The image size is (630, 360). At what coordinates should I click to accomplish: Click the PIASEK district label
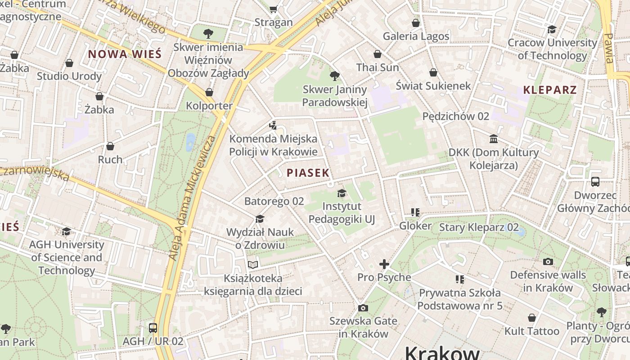308,173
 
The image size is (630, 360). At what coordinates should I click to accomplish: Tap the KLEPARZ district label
549,90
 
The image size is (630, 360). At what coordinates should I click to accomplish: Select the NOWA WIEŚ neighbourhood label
124,54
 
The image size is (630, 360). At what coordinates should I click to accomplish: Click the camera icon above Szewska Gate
363,308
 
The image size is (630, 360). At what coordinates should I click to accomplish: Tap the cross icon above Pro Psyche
384,264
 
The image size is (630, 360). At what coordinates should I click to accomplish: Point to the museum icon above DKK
494,139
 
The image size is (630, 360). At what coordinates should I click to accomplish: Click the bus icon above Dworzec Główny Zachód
595,182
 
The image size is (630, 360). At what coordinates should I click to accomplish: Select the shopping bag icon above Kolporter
209,93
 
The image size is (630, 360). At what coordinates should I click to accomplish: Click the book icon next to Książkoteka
253,265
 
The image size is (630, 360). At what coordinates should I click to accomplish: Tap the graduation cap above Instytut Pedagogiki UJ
342,193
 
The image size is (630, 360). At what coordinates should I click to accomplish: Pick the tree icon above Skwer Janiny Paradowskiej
334,76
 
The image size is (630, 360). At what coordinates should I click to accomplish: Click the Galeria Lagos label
416,36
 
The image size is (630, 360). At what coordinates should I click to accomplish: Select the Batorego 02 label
274,201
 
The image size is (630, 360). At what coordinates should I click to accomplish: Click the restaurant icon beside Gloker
415,212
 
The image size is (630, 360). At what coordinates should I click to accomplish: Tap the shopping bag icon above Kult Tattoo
532,318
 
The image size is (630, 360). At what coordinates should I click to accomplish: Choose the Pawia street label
609,48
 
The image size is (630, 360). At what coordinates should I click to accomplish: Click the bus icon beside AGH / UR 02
153,328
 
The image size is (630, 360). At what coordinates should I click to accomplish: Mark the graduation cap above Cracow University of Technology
552,30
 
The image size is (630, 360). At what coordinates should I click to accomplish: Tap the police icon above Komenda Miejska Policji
273,125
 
